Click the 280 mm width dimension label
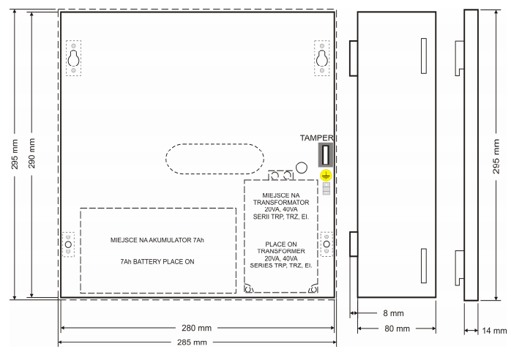[196, 328]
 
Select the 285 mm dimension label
[192, 342]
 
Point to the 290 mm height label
[31, 153]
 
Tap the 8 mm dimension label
[393, 313]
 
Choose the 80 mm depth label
[397, 329]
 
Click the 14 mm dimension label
[494, 331]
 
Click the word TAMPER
[316, 138]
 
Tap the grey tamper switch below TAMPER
[326, 154]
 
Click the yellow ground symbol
[326, 176]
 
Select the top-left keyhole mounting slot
[73, 59]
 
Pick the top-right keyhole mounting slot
[322, 59]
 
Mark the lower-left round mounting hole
[68, 244]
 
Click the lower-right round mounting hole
[327, 244]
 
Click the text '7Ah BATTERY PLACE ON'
[157, 262]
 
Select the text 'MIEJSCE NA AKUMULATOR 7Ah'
[157, 240]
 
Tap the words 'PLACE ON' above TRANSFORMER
[281, 244]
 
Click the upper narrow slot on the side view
[424, 56]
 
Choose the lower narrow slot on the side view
[424, 266]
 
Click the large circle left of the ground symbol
[302, 168]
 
